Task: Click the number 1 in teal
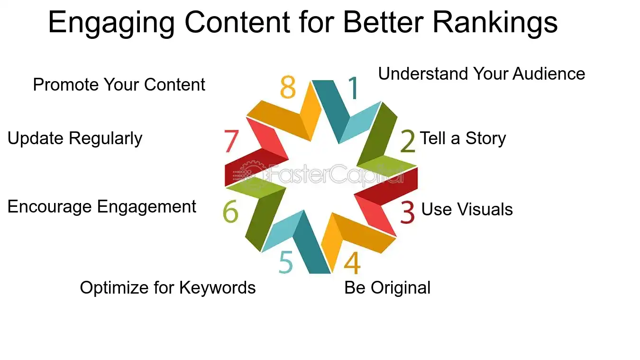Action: [354, 88]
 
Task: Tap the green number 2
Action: [408, 141]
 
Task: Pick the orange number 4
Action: [352, 264]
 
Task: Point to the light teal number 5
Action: [286, 263]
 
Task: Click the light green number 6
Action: [230, 212]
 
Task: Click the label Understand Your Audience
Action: [481, 74]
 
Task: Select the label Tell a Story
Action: [463, 138]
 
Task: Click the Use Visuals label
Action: [467, 209]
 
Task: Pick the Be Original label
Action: [387, 288]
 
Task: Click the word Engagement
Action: [146, 207]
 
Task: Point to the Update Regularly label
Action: [75, 138]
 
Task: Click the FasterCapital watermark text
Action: [327, 175]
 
